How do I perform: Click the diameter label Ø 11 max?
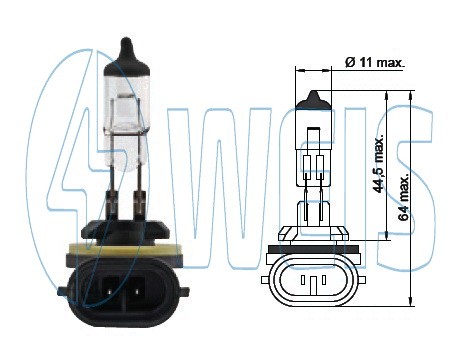(374, 62)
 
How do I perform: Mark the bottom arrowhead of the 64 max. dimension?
(413, 301)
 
